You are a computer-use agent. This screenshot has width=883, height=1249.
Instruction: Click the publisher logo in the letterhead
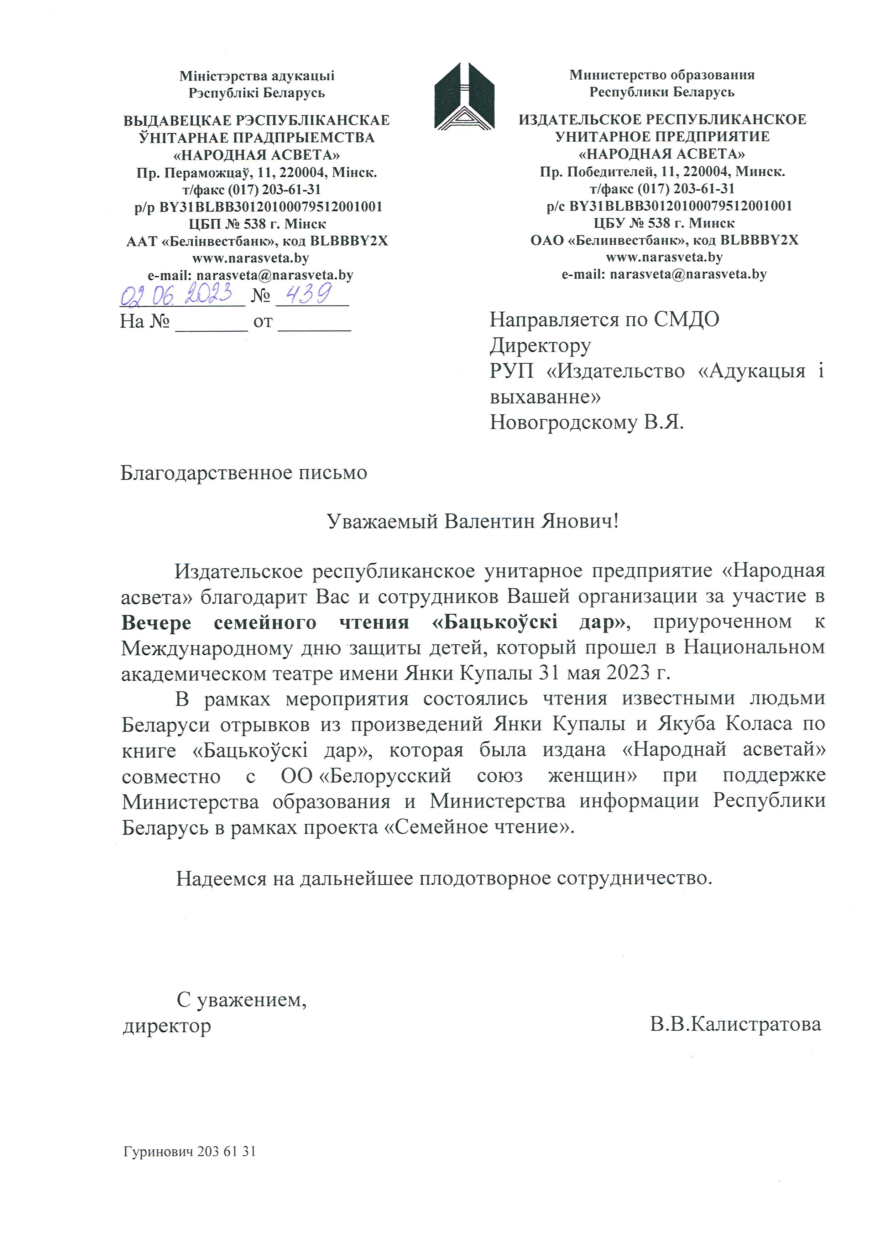(x=464, y=96)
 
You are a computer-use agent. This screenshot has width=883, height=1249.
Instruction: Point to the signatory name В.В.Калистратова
(x=735, y=1024)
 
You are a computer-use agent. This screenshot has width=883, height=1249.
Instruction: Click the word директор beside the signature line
(x=167, y=1026)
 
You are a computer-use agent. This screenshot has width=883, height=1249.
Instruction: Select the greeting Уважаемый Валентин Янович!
(x=472, y=522)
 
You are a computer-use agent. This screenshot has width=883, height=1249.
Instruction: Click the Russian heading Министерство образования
(x=662, y=75)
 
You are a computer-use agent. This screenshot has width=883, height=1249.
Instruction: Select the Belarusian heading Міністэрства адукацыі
(x=257, y=76)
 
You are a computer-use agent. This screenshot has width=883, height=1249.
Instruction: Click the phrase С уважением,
(x=241, y=999)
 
